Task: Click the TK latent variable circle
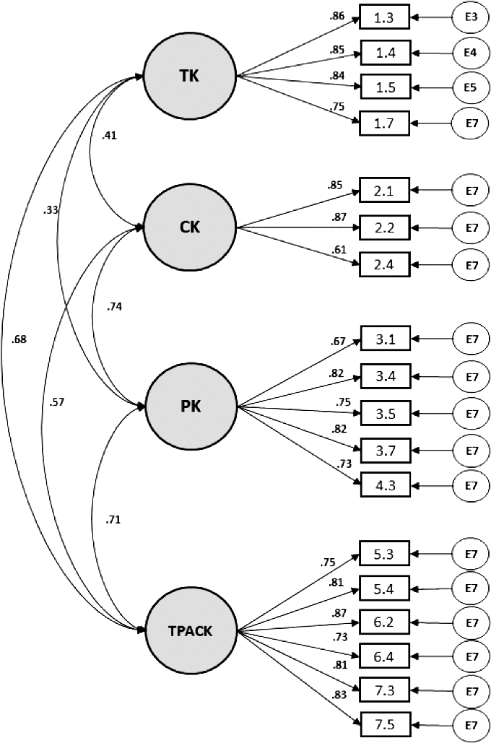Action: (191, 74)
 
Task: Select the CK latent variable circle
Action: (191, 227)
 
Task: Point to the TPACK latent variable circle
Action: (191, 630)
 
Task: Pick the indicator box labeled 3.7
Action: (384, 451)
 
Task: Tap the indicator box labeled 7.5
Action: (384, 723)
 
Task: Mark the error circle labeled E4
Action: (471, 52)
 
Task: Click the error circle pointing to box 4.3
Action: (471, 485)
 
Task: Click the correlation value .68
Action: (19, 339)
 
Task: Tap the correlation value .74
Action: (113, 306)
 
